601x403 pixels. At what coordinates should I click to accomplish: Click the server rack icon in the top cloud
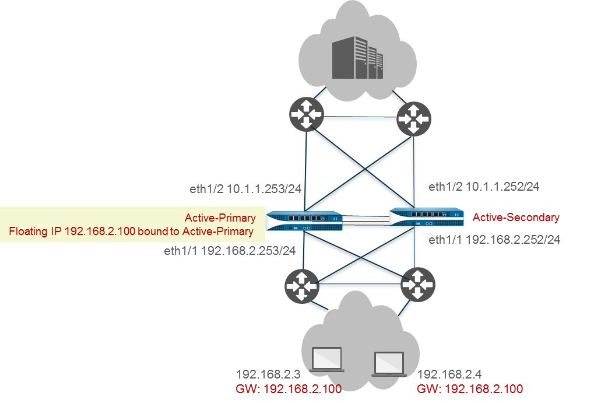358,58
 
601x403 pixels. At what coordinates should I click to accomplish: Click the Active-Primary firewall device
304,220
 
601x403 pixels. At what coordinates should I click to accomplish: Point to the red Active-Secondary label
515,218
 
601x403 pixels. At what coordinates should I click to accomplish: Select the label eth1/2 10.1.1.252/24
483,187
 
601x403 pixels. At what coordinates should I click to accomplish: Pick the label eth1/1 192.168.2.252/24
494,239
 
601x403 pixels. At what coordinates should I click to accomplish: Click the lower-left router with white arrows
302,286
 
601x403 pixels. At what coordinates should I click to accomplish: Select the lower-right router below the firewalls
417,285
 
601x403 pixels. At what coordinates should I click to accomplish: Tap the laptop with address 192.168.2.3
327,359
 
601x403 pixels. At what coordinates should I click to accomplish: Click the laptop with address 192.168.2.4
389,363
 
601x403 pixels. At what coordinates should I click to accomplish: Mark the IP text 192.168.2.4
449,374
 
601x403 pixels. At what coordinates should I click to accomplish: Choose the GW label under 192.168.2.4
469,388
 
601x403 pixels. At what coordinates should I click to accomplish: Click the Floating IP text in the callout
131,232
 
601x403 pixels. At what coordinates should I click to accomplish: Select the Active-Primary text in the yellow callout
220,218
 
